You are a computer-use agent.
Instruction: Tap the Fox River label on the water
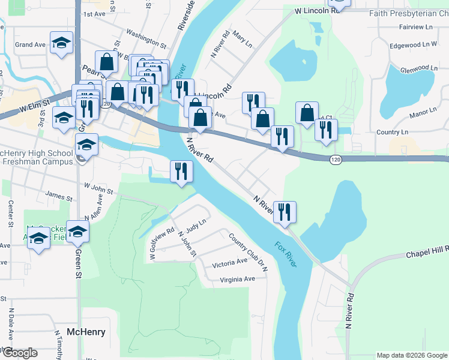coord(286,254)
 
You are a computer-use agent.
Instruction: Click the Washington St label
coord(146,40)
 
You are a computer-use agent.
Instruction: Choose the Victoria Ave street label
coord(229,262)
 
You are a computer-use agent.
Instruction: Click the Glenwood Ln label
coord(418,68)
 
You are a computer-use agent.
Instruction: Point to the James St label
coord(58,196)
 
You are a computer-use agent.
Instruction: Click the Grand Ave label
coord(30,44)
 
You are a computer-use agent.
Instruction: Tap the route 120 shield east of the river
coord(336,160)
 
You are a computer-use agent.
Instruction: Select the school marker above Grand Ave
coord(61,43)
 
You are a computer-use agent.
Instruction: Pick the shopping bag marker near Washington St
coord(107,62)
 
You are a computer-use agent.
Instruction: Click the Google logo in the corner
coord(19,353)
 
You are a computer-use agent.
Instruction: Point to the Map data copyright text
coord(411,355)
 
